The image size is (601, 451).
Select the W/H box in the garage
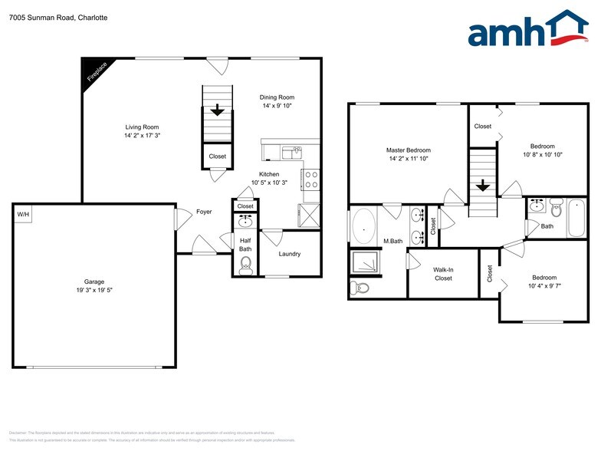click(23, 214)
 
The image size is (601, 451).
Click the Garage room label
click(94, 281)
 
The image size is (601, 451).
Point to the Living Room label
click(142, 127)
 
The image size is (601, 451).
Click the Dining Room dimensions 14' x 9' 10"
click(277, 107)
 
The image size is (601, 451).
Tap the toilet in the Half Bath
click(245, 266)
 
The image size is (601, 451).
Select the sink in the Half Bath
click(245, 222)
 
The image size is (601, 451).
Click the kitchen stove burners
click(312, 179)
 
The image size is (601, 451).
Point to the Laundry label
click(289, 254)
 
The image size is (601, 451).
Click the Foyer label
click(204, 212)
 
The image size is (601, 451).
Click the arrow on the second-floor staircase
click(483, 186)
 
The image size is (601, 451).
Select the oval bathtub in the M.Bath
click(364, 227)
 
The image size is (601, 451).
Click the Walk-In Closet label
click(443, 274)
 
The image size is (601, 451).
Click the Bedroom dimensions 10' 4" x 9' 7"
click(544, 286)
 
